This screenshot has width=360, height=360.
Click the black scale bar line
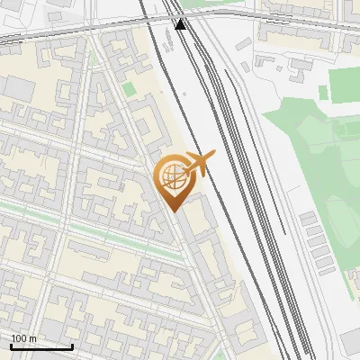pos(41,346)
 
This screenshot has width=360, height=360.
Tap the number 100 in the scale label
pos(19,338)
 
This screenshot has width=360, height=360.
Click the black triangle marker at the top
pos(181,24)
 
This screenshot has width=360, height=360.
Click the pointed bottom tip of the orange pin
pos(174,211)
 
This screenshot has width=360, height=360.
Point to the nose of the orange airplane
pos(213,155)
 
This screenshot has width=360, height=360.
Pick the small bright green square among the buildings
pos(128,89)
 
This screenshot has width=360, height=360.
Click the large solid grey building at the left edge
pos(15,87)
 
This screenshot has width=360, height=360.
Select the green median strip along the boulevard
pos(99,230)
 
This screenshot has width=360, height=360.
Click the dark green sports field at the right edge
pos(343,84)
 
